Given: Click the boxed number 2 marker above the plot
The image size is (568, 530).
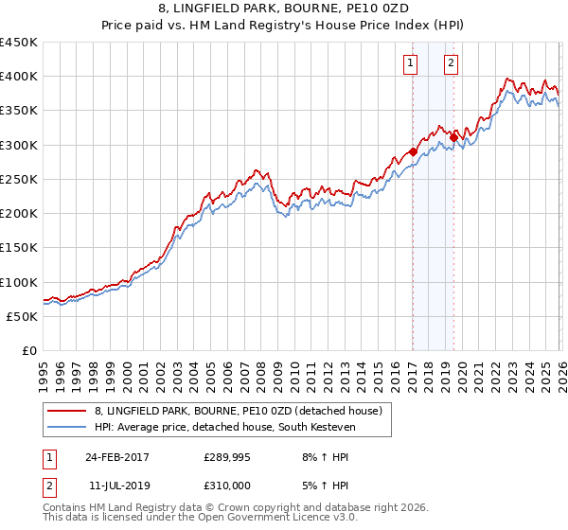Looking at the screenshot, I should tap(452, 63).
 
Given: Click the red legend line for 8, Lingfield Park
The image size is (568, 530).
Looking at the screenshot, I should tap(67, 411).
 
